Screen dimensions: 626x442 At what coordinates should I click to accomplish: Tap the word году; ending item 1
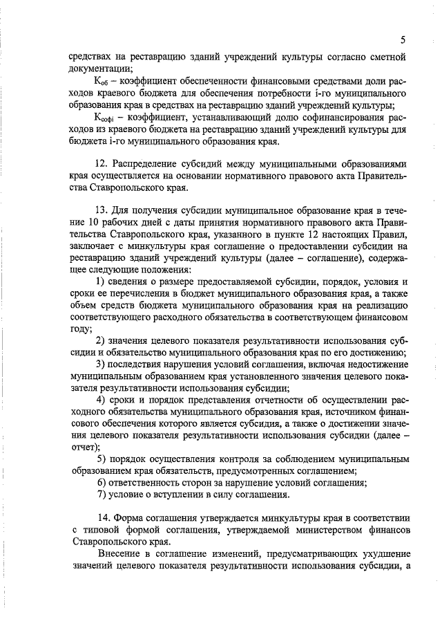81,329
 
